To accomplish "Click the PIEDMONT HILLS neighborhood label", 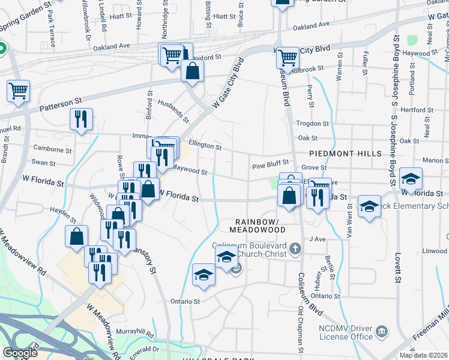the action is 345,154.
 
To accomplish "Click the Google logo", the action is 20,353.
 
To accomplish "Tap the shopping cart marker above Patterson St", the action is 18,92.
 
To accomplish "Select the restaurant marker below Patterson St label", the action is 80,119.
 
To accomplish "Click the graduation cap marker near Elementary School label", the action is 369,206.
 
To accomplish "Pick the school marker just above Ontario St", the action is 203,275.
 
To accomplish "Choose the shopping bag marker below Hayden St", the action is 76,236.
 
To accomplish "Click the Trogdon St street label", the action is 313,124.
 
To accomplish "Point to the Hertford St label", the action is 417,110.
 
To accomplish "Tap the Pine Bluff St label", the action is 270,162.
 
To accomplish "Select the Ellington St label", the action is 205,145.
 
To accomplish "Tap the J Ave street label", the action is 317,239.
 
